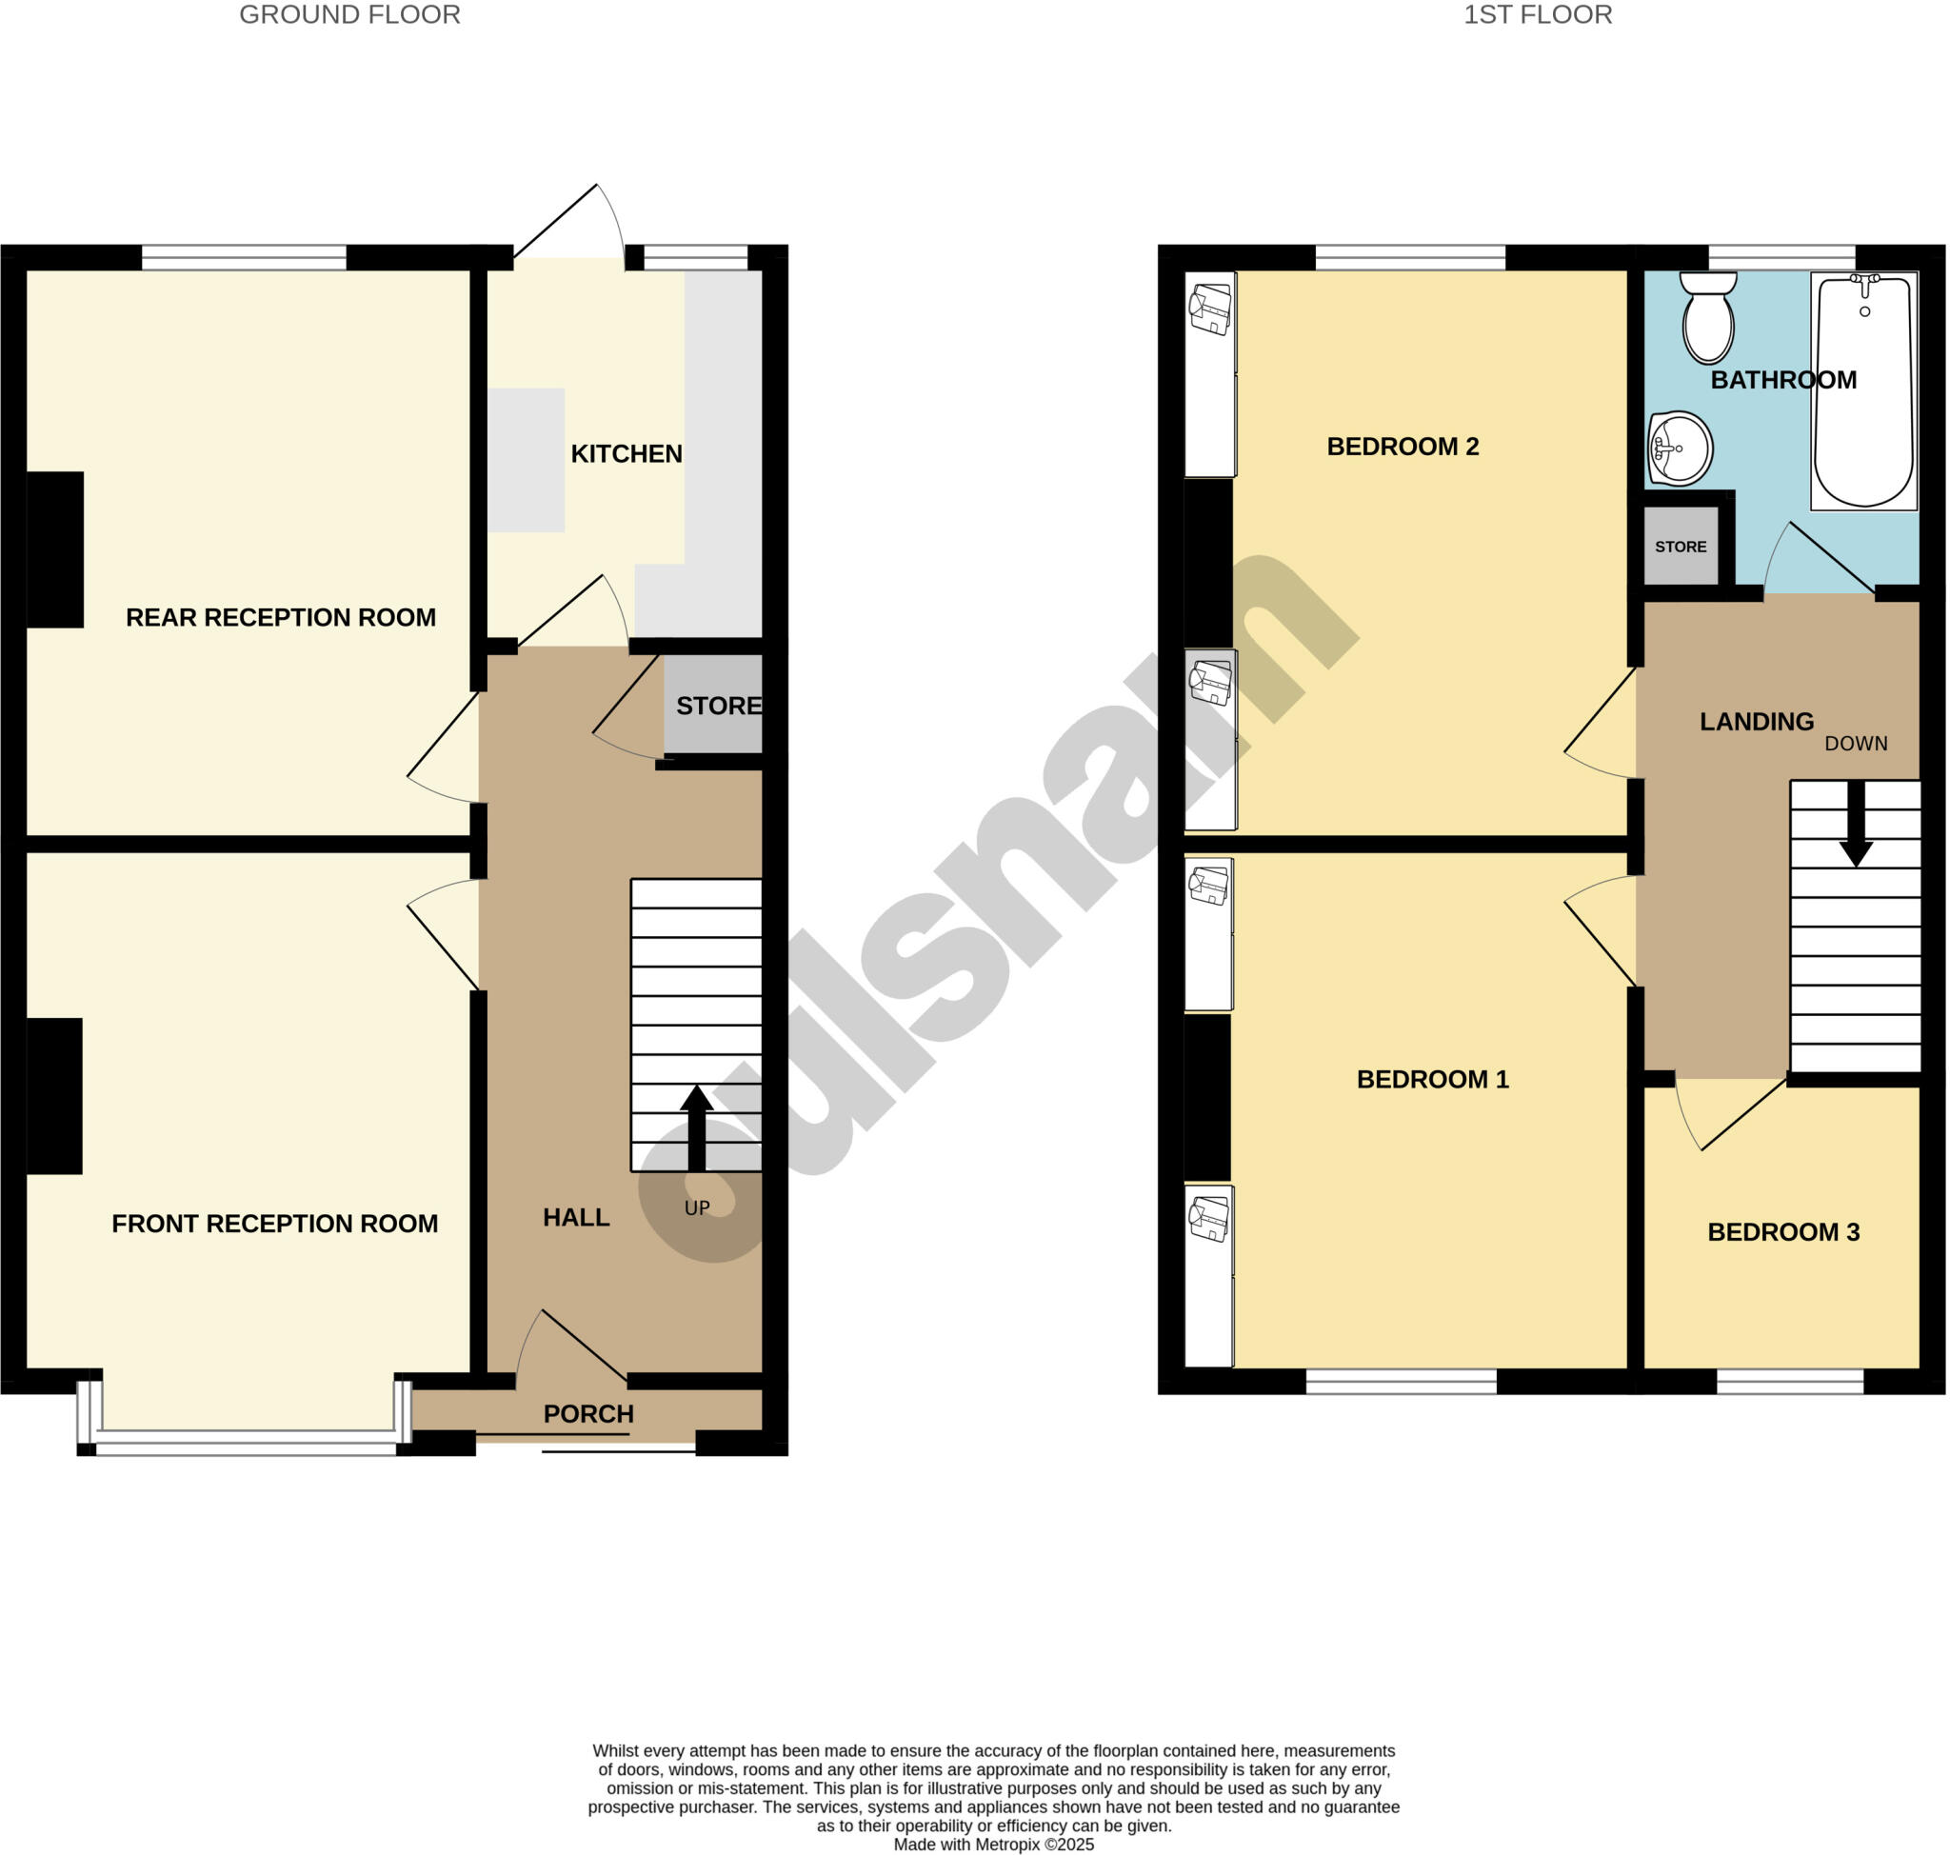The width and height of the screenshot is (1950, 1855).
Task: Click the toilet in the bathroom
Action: pyautogui.click(x=1708, y=318)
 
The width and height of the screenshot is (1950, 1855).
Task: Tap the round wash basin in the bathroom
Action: pyautogui.click(x=1680, y=449)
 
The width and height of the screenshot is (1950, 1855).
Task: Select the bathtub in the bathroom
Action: pyautogui.click(x=1863, y=391)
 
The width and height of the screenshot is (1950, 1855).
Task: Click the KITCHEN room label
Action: pyautogui.click(x=626, y=454)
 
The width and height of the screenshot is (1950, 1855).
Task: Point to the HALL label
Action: pyautogui.click(x=575, y=1217)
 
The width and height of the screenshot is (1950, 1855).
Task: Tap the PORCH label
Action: pyautogui.click(x=588, y=1414)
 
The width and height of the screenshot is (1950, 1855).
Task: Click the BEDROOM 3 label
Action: pyautogui.click(x=1782, y=1232)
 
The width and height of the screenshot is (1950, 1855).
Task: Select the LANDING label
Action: pyautogui.click(x=1756, y=722)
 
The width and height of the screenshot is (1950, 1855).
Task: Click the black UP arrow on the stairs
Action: pyautogui.click(x=696, y=1127)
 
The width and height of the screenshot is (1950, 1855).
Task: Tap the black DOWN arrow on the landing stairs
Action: pyautogui.click(x=1856, y=824)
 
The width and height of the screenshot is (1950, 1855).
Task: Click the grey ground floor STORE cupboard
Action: pyautogui.click(x=714, y=705)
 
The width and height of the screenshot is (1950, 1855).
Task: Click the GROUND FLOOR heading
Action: pyautogui.click(x=349, y=15)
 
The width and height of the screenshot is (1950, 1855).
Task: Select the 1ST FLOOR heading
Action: pyautogui.click(x=1537, y=15)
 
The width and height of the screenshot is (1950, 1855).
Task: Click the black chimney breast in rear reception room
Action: pyautogui.click(x=54, y=549)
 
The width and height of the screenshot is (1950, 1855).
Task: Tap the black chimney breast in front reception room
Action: pyautogui.click(x=54, y=1096)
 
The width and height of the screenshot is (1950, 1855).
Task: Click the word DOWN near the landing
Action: pyautogui.click(x=1855, y=744)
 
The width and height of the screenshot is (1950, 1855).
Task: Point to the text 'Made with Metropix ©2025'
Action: pyautogui.click(x=993, y=1845)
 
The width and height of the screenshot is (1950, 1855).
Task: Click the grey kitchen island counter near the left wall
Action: pyautogui.click(x=527, y=460)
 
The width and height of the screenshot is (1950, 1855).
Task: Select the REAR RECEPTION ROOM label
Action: pyautogui.click(x=281, y=618)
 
